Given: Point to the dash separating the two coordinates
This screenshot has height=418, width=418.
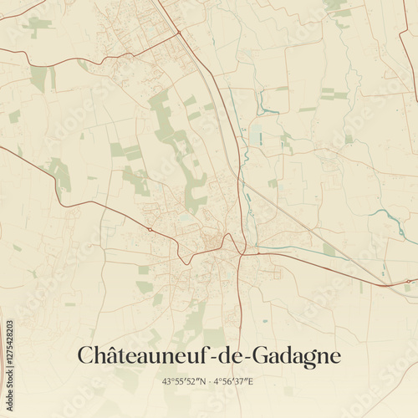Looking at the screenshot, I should point(208,382).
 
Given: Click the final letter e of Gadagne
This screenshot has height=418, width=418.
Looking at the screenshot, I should point(335,357).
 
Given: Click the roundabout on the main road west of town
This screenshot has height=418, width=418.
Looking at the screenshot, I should point(149,228).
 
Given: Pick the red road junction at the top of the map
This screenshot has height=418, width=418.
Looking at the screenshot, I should point(178,33).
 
